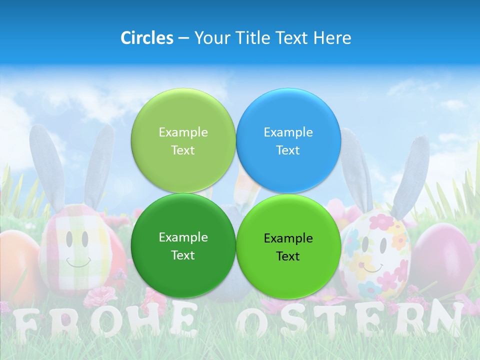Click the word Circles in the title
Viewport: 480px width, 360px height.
(x=146, y=38)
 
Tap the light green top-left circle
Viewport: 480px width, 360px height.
(x=183, y=140)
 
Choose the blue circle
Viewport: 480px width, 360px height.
(x=288, y=140)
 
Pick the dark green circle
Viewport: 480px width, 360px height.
(x=183, y=245)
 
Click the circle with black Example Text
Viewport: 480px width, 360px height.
(x=288, y=246)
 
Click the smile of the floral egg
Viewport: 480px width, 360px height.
(x=372, y=268)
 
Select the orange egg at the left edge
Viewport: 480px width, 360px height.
(x=17, y=265)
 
